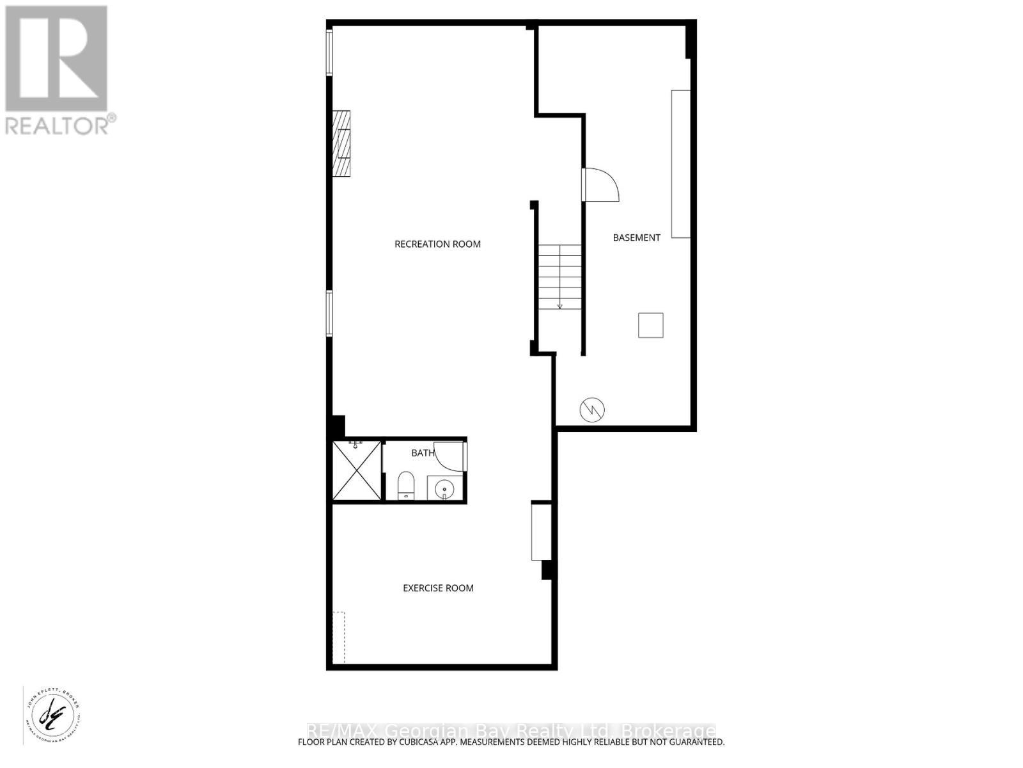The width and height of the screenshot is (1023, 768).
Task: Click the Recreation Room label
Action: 437,244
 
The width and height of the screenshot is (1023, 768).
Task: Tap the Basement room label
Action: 636,237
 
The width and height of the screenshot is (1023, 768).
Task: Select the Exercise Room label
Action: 438,588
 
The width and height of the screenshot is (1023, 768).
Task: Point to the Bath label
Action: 422,453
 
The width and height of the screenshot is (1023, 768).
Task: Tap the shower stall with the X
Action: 357,470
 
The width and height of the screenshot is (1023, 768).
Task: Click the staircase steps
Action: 559,277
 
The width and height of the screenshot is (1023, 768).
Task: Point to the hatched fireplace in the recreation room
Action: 341,143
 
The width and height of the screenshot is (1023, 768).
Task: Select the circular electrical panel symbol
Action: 592,410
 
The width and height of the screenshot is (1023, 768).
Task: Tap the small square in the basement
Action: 650,325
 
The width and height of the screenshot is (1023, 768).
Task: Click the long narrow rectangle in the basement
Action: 680,164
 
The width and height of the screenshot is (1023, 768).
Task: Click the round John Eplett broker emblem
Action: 53,719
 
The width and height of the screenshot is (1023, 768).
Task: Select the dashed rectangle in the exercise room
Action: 339,637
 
